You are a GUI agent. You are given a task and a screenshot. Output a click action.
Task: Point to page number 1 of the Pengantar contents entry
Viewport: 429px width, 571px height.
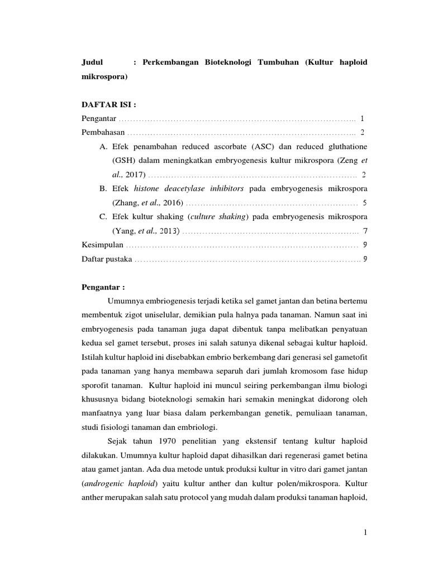coord(362,119)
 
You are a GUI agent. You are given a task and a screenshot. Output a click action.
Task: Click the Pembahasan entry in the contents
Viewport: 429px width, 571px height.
coord(103,133)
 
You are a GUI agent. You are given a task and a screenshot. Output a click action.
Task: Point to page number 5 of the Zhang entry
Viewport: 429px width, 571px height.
coord(364,202)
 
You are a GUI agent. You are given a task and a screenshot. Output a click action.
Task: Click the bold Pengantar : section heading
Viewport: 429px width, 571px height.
coord(103,287)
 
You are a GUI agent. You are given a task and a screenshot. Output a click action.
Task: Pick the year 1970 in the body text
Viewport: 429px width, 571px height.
coord(159,441)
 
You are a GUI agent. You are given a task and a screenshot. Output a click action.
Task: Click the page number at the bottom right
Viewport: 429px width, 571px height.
coord(365,533)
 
